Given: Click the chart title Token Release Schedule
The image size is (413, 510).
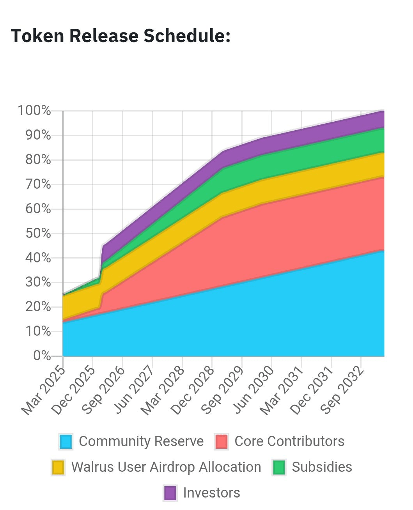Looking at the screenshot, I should pyautogui.click(x=121, y=36).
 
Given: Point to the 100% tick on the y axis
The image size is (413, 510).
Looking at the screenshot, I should pyautogui.click(x=34, y=111).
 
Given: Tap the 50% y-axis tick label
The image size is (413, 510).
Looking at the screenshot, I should pyautogui.click(x=38, y=233).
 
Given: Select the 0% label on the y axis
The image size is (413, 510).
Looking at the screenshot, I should pyautogui.click(x=42, y=356).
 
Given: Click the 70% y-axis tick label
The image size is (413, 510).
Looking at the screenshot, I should pyautogui.click(x=38, y=184).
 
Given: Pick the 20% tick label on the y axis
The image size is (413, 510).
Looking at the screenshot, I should pyautogui.click(x=38, y=307).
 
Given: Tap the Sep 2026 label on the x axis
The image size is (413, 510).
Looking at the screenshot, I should pyautogui.click(x=104, y=390).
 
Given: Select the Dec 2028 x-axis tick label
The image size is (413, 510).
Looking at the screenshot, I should pyautogui.click(x=194, y=390).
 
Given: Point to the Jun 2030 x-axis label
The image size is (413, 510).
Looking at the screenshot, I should pyautogui.click(x=253, y=390).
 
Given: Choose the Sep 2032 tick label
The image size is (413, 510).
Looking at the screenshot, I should pyautogui.click(x=343, y=390).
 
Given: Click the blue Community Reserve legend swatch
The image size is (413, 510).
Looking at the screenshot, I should pyautogui.click(x=66, y=442).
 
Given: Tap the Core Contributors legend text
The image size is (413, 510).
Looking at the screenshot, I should pyautogui.click(x=289, y=441).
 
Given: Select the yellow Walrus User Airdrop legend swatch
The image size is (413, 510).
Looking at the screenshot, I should pyautogui.click(x=58, y=467).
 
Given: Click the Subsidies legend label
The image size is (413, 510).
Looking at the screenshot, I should pyautogui.click(x=322, y=467).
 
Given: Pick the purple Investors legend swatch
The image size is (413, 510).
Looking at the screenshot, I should pyautogui.click(x=170, y=493).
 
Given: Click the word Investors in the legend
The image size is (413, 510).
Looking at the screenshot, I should pyautogui.click(x=211, y=493).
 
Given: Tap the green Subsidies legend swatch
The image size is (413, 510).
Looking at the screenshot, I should pyautogui.click(x=279, y=467).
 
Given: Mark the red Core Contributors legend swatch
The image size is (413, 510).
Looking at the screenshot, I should pyautogui.click(x=222, y=442).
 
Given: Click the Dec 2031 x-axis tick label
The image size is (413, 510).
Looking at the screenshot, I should pyautogui.click(x=313, y=390).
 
